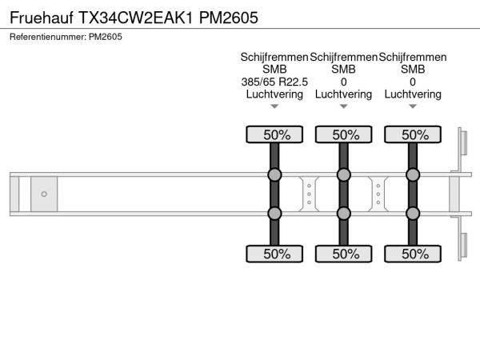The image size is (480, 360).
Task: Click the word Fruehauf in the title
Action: (x=42, y=18)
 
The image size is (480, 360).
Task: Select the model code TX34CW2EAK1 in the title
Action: (x=136, y=18)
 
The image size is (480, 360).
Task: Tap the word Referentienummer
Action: (x=48, y=37)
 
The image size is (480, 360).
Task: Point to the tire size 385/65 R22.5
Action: (x=274, y=82)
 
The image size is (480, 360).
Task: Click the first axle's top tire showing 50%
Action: (x=274, y=134)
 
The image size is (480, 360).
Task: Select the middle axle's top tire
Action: (x=343, y=134)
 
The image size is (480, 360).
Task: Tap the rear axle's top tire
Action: (x=413, y=134)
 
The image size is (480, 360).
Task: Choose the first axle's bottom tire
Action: (x=274, y=254)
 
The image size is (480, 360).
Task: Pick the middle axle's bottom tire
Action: (x=343, y=254)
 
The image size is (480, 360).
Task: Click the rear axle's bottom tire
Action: (x=413, y=254)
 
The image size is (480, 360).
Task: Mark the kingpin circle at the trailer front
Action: (x=44, y=194)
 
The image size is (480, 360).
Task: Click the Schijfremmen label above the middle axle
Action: (x=343, y=57)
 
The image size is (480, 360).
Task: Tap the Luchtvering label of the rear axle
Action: (x=413, y=94)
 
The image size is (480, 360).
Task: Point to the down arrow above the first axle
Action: (x=274, y=106)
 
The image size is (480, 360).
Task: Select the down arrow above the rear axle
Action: (x=413, y=106)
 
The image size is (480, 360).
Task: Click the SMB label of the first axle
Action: (x=274, y=69)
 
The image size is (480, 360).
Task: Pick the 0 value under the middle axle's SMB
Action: (x=343, y=82)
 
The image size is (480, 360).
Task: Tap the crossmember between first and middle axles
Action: (x=309, y=194)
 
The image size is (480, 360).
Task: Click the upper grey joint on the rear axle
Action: (x=413, y=174)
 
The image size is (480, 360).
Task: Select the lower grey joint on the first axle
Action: (x=274, y=214)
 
